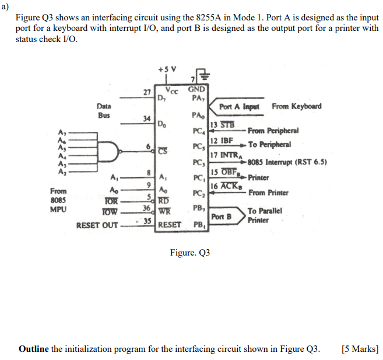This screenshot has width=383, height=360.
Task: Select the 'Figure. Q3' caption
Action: point(189,253)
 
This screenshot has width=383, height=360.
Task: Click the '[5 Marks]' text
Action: point(360,349)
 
